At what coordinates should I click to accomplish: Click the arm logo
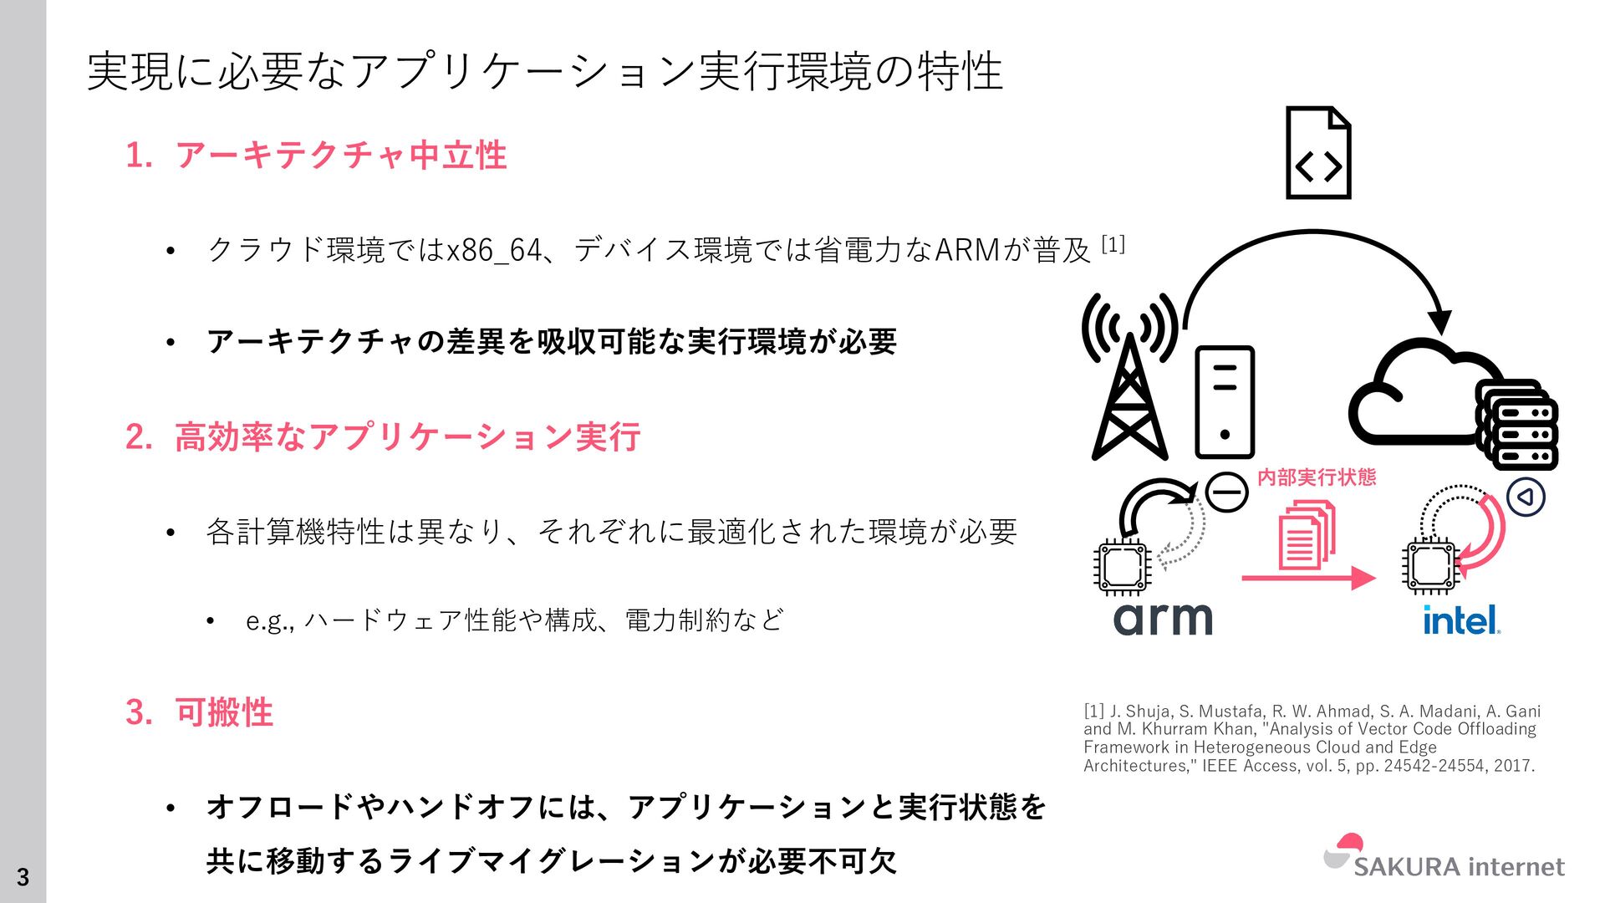(1162, 619)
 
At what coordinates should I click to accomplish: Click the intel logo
(1461, 620)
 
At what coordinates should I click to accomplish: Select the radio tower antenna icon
(1129, 376)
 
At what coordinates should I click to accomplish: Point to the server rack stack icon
(1517, 425)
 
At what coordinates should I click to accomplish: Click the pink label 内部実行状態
(1317, 477)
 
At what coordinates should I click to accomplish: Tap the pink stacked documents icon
(1306, 535)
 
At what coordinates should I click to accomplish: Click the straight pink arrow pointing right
(1308, 578)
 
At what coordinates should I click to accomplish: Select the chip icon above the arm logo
(1123, 567)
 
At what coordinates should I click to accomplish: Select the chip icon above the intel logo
(1430, 565)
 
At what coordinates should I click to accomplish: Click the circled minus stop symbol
(1227, 492)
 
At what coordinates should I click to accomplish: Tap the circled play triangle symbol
(1526, 497)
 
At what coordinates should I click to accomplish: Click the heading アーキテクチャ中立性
(340, 156)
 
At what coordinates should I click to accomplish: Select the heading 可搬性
(224, 712)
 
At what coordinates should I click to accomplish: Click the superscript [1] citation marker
(1113, 245)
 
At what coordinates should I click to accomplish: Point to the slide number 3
(23, 877)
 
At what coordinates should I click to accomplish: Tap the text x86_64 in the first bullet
(494, 250)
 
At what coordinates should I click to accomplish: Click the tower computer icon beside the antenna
(1225, 402)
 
